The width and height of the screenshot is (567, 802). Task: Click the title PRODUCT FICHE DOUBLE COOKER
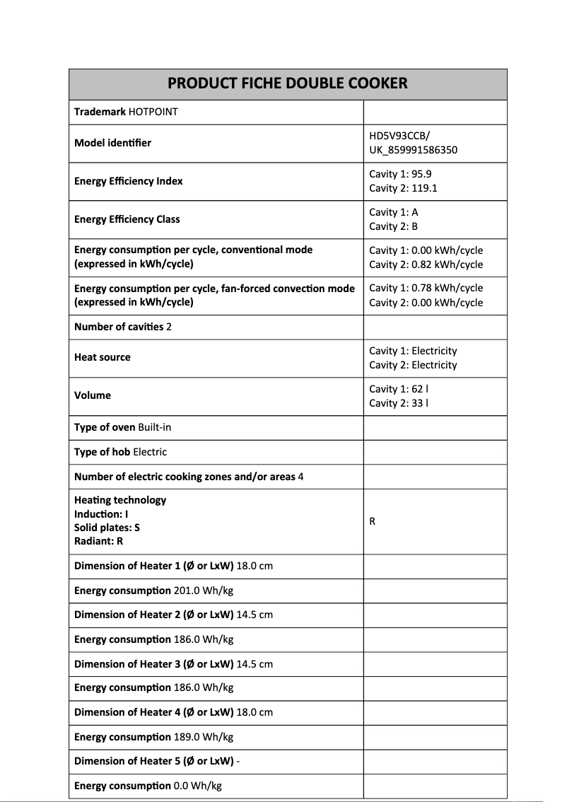(288, 83)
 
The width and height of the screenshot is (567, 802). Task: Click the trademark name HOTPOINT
(153, 112)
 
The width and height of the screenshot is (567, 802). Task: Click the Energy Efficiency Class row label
(127, 219)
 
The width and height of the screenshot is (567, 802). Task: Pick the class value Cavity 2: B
(394, 226)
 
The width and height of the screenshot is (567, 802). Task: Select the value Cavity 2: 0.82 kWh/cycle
(426, 265)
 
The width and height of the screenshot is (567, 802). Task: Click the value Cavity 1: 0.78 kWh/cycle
(426, 288)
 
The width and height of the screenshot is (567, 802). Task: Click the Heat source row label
(103, 357)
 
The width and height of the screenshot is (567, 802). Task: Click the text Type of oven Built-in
(120, 427)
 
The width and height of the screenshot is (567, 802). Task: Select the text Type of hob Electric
(120, 452)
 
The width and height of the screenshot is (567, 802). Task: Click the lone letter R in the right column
(373, 522)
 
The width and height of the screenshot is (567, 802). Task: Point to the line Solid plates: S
(107, 528)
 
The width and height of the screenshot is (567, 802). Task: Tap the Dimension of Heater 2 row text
(173, 615)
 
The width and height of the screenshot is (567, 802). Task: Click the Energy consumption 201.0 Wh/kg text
(153, 590)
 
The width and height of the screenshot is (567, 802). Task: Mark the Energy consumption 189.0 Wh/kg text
(153, 737)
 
